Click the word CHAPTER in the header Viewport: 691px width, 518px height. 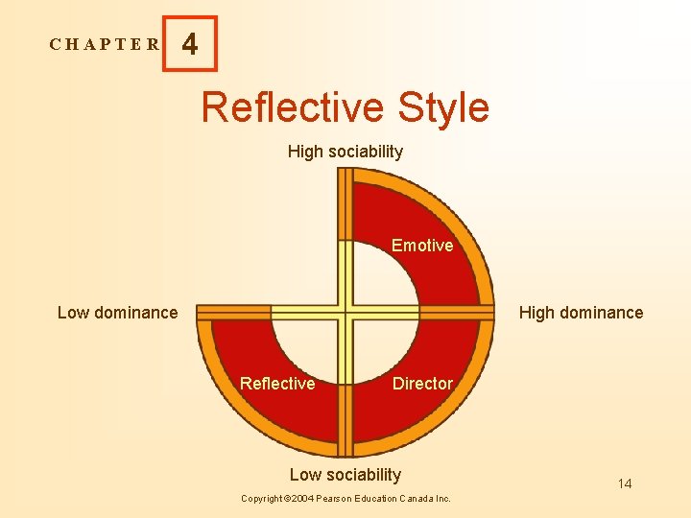pyautogui.click(x=106, y=44)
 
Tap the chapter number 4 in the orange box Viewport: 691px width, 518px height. pyautogui.click(x=190, y=44)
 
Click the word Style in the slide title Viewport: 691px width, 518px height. pyautogui.click(x=438, y=107)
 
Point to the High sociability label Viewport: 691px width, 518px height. pyautogui.click(x=345, y=152)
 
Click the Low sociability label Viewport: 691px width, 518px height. pyautogui.click(x=345, y=475)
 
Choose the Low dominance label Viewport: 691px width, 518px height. pyautogui.click(x=117, y=312)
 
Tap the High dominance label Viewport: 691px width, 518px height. pyautogui.click(x=581, y=313)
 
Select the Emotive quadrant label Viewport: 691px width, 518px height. pyautogui.click(x=422, y=246)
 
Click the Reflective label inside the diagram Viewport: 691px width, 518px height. pyautogui.click(x=277, y=384)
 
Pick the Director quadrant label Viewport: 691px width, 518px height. pyautogui.click(x=422, y=384)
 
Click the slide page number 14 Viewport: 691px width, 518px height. pyautogui.click(x=625, y=483)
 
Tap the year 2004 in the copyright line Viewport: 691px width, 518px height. pyautogui.click(x=302, y=499)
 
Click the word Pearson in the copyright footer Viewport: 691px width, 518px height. pyautogui.click(x=337, y=499)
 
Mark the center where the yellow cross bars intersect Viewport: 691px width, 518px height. pyautogui.click(x=345, y=312)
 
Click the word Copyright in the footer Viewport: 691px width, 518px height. pyautogui.click(x=261, y=499)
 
